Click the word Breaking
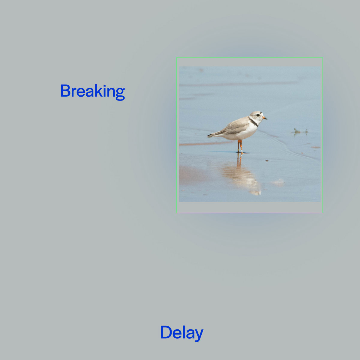point(92,92)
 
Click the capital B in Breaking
point(65,91)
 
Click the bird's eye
point(258,115)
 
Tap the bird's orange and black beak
point(265,118)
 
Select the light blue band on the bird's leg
point(241,151)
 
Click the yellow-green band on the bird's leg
point(238,150)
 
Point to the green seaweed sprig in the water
point(299,131)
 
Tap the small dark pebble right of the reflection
point(267,160)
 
